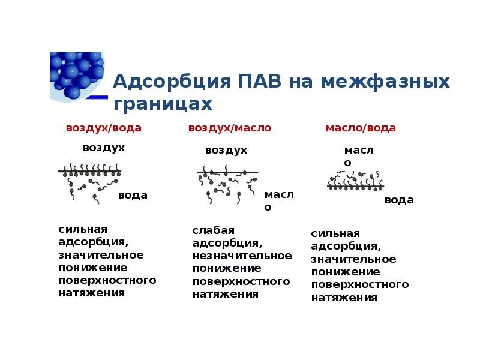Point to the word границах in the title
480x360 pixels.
(x=163, y=104)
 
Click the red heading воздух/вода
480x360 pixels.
(x=104, y=128)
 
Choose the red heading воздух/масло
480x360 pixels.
(x=230, y=128)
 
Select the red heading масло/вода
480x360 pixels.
(x=361, y=128)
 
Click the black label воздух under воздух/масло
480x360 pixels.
(x=226, y=150)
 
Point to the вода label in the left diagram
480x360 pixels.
(x=133, y=195)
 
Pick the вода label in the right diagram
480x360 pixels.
(x=399, y=200)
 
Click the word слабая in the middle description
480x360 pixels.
(x=213, y=230)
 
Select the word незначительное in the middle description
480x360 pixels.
(x=242, y=256)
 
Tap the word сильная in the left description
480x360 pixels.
(x=83, y=229)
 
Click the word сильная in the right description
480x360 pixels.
(x=335, y=233)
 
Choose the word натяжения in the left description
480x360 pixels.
(x=92, y=293)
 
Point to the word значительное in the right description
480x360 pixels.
(x=353, y=259)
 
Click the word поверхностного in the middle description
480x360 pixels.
(x=241, y=281)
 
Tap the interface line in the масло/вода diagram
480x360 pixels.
(x=355, y=187)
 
